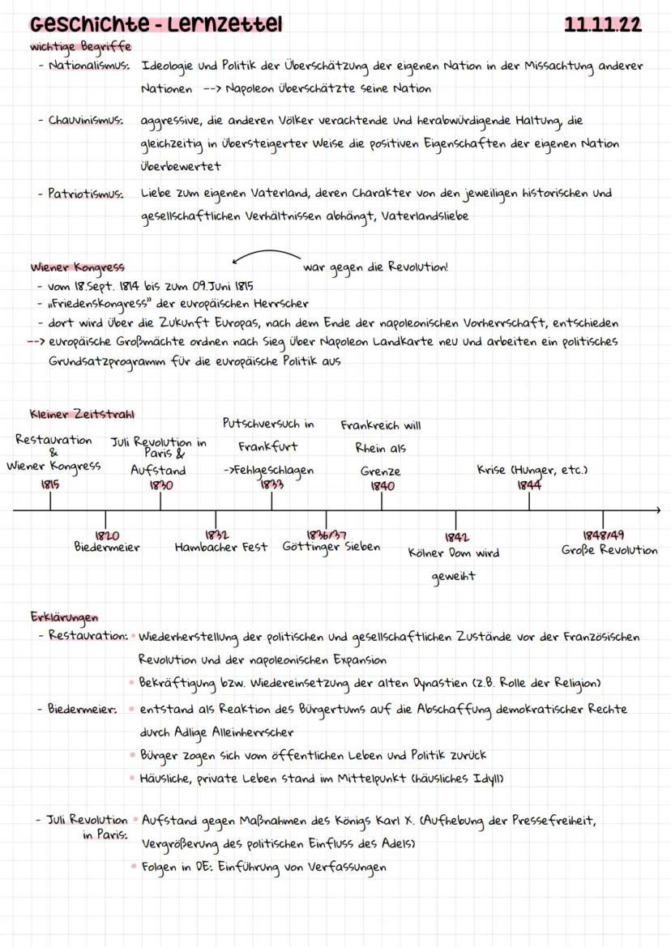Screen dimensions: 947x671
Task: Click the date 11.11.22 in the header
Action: [602, 25]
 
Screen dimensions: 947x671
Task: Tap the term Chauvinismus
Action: [85, 121]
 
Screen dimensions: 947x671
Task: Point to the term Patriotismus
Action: [86, 194]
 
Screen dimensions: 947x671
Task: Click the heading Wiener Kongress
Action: [78, 267]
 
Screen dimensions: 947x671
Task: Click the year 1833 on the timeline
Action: [271, 484]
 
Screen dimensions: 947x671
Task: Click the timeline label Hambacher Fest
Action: [221, 548]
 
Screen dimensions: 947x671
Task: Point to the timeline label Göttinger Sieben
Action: [331, 548]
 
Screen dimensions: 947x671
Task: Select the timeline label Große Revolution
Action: [609, 550]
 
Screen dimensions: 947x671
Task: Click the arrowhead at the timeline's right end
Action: [657, 510]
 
